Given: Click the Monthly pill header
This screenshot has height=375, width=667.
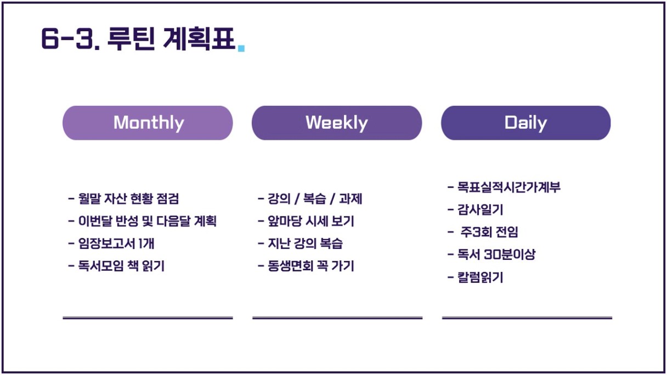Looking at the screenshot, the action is click(148, 123).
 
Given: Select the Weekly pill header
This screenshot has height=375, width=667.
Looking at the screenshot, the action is click(337, 123).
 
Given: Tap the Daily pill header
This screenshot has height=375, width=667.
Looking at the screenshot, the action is click(526, 123).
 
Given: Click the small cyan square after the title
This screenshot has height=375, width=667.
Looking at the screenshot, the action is click(241, 48).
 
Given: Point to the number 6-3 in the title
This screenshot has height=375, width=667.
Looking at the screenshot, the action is click(70, 38).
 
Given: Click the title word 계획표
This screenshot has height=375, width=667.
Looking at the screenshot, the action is click(199, 38).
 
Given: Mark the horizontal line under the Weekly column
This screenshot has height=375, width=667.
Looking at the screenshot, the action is click(337, 318).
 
